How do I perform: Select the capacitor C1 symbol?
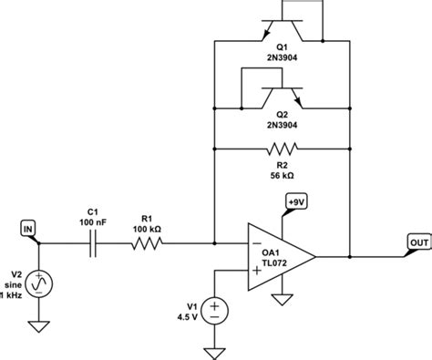(95, 243)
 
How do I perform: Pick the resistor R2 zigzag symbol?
(281, 148)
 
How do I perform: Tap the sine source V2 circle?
(37, 286)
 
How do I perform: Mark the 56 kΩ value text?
(281, 174)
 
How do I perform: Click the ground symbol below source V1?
(215, 351)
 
